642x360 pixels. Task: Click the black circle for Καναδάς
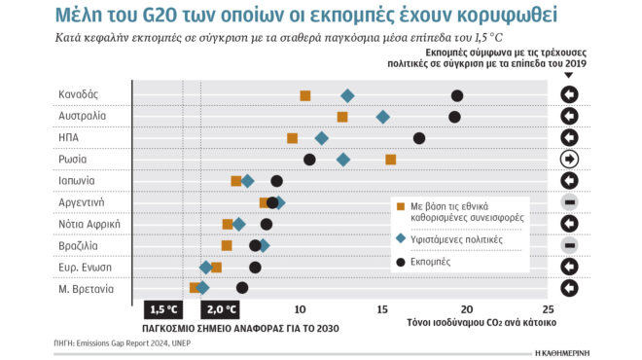pyautogui.click(x=457, y=95)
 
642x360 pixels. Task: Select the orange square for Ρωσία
pyautogui.click(x=391, y=160)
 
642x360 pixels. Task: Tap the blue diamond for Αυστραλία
pyautogui.click(x=383, y=117)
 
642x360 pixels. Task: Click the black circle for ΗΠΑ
pyautogui.click(x=419, y=138)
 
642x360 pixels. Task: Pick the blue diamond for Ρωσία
pyautogui.click(x=342, y=160)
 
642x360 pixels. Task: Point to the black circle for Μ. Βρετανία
pyautogui.click(x=242, y=287)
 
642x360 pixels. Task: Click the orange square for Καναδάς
pyautogui.click(x=305, y=95)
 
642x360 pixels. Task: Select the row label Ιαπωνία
pyautogui.click(x=77, y=181)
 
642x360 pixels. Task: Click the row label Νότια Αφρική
pyautogui.click(x=89, y=224)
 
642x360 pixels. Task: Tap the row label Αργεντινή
pyautogui.click(x=82, y=202)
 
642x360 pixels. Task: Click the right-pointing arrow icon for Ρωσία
pyautogui.click(x=570, y=160)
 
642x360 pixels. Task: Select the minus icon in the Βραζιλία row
pyautogui.click(x=570, y=245)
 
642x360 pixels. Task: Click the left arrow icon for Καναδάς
pyautogui.click(x=570, y=95)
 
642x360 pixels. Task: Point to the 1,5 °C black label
pyautogui.click(x=162, y=309)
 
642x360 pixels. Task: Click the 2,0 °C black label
pyautogui.click(x=219, y=309)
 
